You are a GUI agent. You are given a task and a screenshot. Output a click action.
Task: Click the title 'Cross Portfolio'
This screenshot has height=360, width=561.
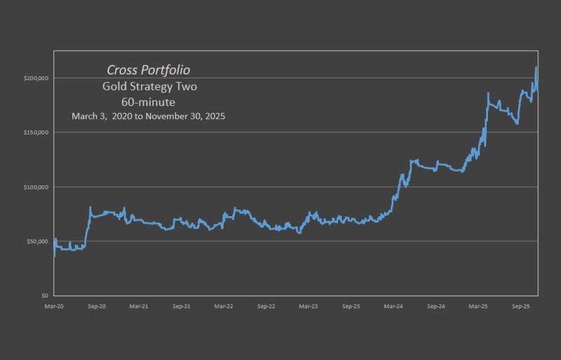[x=148, y=70]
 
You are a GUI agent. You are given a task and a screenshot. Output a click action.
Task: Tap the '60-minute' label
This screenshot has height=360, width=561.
[x=148, y=102]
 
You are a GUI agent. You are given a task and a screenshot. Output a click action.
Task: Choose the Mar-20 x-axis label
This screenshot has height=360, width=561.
[x=55, y=307]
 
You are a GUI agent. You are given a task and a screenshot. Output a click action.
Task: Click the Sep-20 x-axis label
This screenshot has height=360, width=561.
[x=97, y=307]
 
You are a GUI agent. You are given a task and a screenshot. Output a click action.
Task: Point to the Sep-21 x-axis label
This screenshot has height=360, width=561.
[x=182, y=307]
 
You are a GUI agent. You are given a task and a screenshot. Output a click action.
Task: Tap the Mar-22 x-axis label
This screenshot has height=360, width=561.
[x=224, y=307]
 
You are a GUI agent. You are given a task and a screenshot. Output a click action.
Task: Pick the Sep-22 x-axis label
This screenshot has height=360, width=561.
[x=266, y=307]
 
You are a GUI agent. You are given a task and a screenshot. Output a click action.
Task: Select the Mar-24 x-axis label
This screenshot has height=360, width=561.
[x=393, y=307]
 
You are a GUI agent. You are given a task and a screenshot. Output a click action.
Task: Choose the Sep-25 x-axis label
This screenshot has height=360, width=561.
[x=520, y=307]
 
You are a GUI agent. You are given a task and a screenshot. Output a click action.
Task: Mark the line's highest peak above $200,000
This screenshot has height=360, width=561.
[x=536, y=67]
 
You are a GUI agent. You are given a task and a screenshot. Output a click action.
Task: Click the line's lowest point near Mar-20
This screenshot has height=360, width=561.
[x=55, y=256]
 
